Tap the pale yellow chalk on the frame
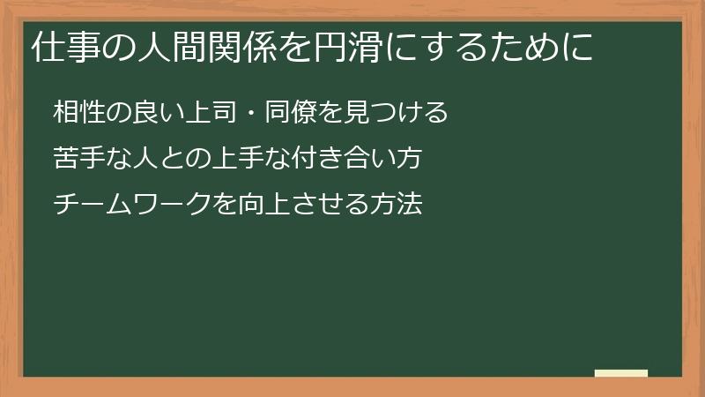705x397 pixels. [x=621, y=373]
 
